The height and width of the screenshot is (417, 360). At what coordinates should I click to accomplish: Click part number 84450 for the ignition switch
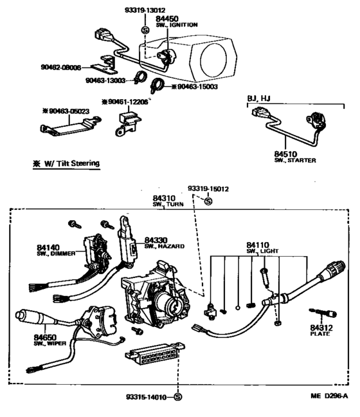pyautogui.click(x=167, y=19)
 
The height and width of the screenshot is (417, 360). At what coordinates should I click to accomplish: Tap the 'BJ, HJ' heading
pyautogui.click(x=260, y=98)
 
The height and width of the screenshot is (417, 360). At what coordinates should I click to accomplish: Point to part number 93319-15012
pyautogui.click(x=208, y=189)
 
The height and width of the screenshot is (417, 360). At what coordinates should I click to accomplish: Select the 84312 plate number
pyautogui.click(x=319, y=328)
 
